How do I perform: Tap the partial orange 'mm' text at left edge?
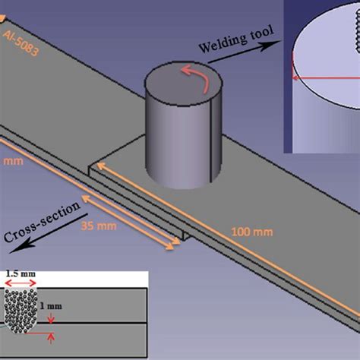pos(7,162)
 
